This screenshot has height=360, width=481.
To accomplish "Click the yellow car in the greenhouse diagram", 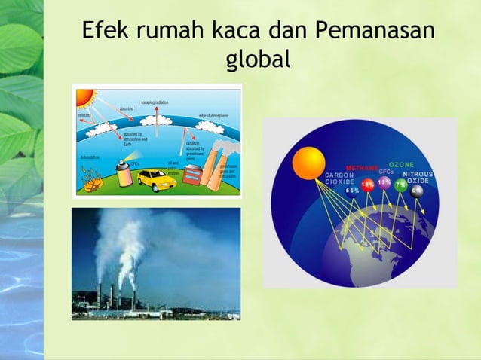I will tap(155, 179).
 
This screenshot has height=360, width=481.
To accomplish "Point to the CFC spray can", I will tap(122, 172).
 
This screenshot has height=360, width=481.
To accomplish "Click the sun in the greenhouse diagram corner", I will tap(83, 96).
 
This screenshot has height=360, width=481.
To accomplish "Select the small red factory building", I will tap(194, 174).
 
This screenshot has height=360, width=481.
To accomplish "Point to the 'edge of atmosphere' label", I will tap(213, 116).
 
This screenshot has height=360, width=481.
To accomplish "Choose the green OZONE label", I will tap(402, 165).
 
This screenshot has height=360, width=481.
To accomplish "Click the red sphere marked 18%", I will tap(368, 185).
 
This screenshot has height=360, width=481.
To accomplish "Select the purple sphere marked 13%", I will tap(384, 183).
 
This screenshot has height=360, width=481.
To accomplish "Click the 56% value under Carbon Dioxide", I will tap(352, 191).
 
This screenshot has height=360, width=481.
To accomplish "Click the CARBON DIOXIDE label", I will tap(340, 178).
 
